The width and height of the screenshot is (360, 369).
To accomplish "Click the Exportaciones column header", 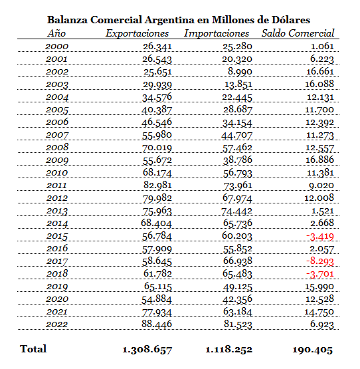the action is coord(137,33).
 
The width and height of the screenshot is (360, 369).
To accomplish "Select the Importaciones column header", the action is coord(217,33).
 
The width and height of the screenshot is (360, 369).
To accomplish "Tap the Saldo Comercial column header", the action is coord(298,33).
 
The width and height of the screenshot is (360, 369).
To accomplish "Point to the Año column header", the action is coord(56,33).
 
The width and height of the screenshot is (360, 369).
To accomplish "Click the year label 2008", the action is coord(57,148).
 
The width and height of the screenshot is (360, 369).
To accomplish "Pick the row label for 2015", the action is coord(57,236).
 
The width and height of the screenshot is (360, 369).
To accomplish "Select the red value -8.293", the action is coord(319,261).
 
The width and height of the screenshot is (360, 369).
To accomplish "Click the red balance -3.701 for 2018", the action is coord(319,274).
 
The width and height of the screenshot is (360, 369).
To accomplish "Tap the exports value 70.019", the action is coord(157,148).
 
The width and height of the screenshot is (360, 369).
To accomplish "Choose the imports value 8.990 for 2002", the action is coord(240,72).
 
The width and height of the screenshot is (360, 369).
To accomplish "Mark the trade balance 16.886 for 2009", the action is coord(319,160).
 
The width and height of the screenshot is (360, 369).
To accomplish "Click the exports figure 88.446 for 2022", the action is coord(157,324).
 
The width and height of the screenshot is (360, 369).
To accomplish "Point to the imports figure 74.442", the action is coord(236,211).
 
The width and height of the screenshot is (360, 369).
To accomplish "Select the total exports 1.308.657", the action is coord(147,350).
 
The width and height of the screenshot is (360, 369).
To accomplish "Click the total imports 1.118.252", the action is coord(228,350).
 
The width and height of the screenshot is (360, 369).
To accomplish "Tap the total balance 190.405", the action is coord(312,350).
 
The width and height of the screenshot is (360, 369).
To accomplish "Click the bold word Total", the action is coord(33,349).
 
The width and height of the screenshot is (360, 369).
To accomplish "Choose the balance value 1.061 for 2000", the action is coord(322,46).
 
